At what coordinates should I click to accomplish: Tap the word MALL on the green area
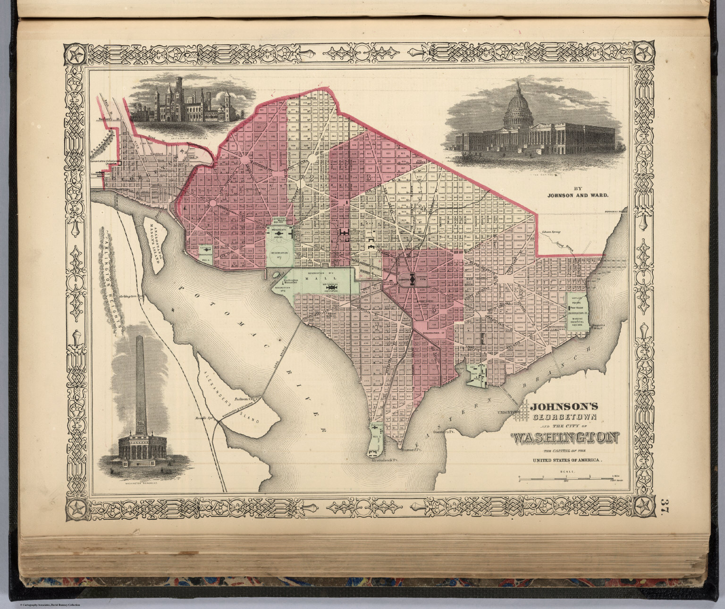coord(310,279)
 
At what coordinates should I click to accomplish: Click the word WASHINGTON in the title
coord(565,438)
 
